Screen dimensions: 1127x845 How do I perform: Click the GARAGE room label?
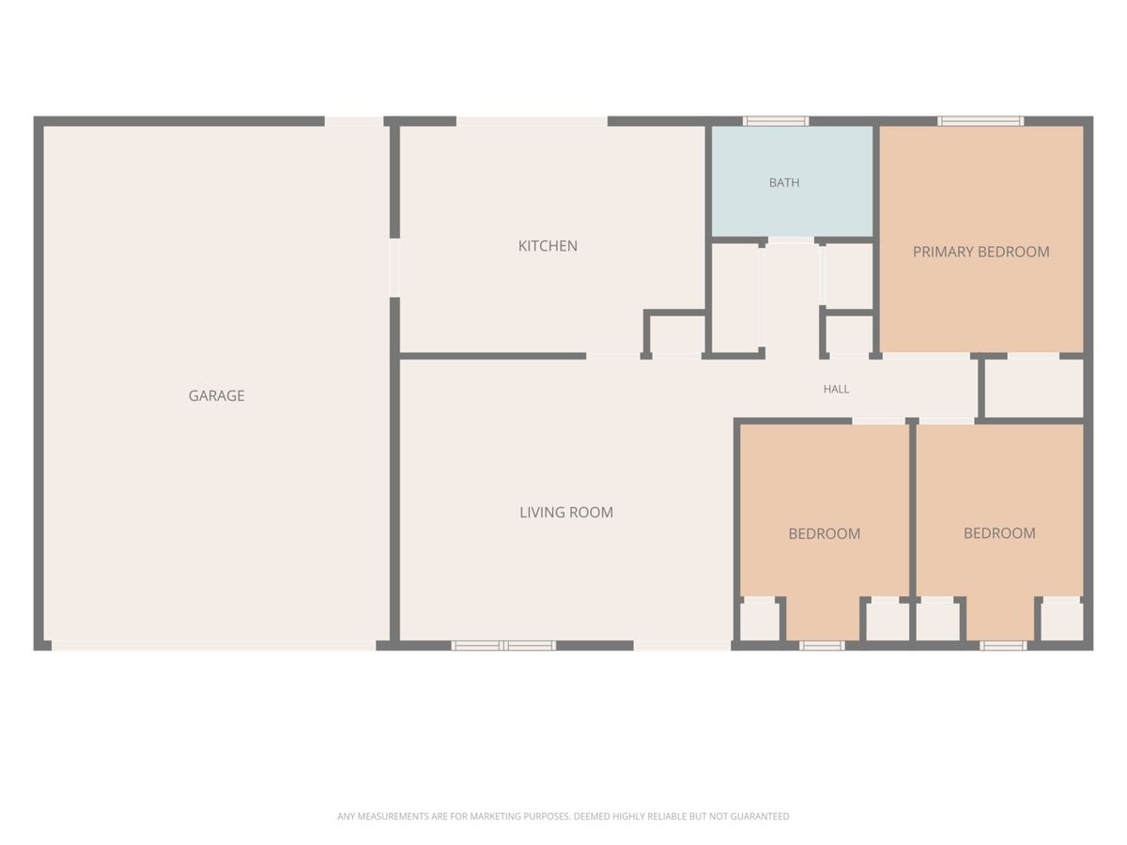216,395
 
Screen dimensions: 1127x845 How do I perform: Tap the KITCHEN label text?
548,246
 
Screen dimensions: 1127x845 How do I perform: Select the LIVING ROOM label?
565,513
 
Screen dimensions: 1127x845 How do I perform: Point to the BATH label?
783,183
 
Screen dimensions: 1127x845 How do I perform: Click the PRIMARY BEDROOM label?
980,252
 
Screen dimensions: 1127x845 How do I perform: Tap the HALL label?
836,390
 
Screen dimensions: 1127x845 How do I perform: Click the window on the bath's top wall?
776,121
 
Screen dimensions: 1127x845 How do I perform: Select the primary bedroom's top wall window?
980,121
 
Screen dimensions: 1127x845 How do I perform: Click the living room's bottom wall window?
503,645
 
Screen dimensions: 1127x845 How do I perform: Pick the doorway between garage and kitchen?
394,268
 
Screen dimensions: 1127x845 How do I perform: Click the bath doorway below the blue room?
791,240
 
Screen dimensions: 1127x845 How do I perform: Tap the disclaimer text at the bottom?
563,816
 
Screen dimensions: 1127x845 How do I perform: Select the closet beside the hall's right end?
1034,389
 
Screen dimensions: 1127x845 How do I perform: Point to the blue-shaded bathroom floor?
793,181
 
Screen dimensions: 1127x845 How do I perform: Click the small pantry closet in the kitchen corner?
675,334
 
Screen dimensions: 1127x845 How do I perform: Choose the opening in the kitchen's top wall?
532,121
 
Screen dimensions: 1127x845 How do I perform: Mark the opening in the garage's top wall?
354,121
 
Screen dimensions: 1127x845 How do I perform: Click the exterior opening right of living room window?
682,645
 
